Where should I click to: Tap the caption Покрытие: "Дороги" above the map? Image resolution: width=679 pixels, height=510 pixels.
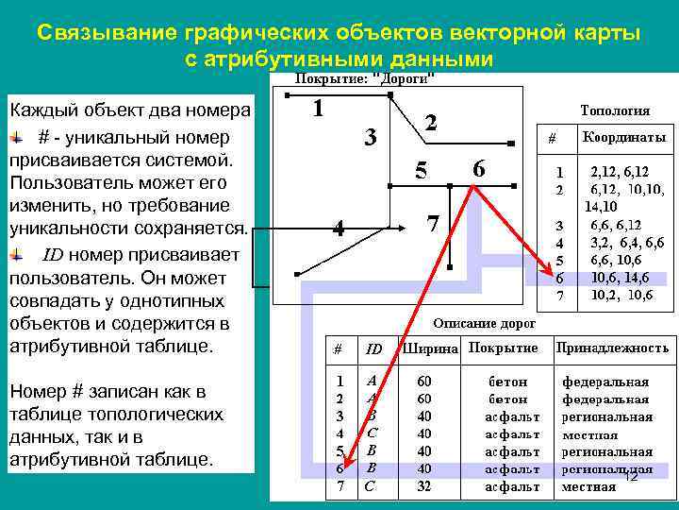(x=366, y=78)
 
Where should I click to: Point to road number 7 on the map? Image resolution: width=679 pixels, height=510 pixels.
(x=432, y=225)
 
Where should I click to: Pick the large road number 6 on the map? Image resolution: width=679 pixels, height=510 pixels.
(x=479, y=169)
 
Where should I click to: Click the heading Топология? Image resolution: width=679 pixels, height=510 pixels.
(x=615, y=110)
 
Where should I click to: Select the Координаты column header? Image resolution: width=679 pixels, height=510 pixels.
(x=624, y=137)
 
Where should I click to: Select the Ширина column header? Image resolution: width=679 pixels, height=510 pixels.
(x=431, y=348)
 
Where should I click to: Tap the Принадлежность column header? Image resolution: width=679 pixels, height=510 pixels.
(x=613, y=348)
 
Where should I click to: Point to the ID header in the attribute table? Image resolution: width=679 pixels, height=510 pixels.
(x=373, y=349)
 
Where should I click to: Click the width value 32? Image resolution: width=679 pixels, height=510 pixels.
(x=424, y=487)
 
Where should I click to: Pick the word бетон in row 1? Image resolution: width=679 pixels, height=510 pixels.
(x=508, y=382)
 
